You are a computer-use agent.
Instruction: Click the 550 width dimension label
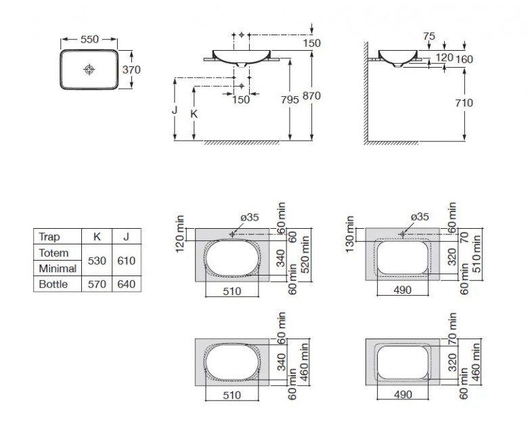click(89, 39)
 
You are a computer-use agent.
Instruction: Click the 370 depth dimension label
click(131, 70)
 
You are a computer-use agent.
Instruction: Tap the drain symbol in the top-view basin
click(89, 70)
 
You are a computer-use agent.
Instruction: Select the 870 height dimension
click(311, 96)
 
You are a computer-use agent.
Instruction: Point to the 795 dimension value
click(290, 100)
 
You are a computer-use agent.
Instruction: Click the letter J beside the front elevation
click(175, 110)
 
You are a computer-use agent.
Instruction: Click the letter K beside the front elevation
click(194, 114)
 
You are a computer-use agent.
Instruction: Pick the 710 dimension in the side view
click(464, 103)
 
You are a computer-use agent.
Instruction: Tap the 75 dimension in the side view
click(429, 36)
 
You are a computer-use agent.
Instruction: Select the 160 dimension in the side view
click(464, 60)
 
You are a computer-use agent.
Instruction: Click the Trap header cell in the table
click(49, 237)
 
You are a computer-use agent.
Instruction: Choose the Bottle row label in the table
click(53, 284)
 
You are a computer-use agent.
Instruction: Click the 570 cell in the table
click(97, 284)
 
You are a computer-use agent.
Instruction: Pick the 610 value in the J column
click(127, 261)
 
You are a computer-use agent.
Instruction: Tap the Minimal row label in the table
click(58, 269)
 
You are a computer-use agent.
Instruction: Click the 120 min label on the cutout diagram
click(180, 234)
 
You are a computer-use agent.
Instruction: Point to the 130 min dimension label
click(350, 234)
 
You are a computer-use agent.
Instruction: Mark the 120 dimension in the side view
click(445, 58)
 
